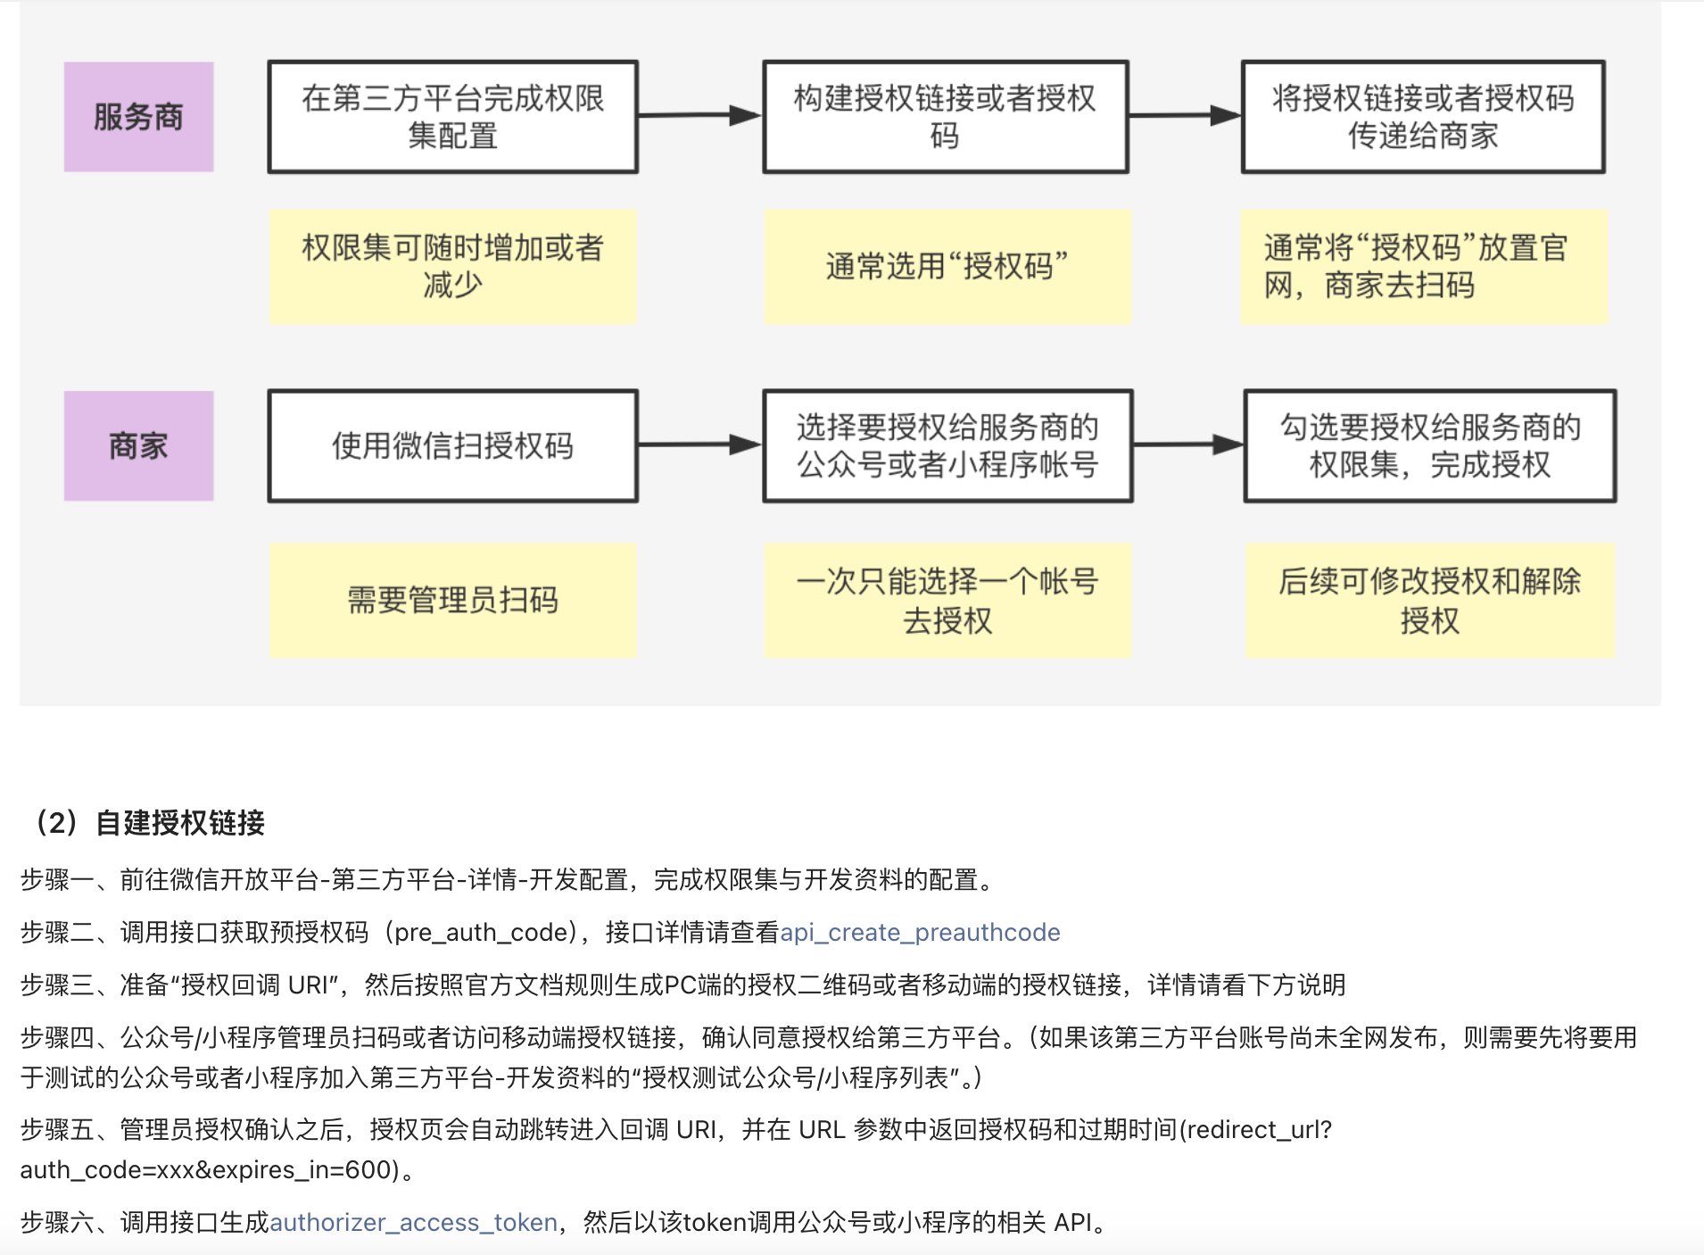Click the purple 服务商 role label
(x=138, y=117)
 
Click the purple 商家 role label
(x=138, y=445)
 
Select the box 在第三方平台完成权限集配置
(x=452, y=117)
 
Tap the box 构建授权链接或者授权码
(x=945, y=117)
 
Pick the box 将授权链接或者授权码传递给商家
(x=1422, y=117)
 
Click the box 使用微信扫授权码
(x=452, y=445)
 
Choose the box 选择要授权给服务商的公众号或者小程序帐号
(x=947, y=445)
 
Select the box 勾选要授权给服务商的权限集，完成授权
(x=1429, y=445)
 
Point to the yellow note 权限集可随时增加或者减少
(x=452, y=266)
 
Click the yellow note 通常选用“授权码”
(x=947, y=266)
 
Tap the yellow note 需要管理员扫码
(x=452, y=600)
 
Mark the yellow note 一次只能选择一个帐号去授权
(x=947, y=600)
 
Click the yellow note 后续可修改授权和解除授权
(x=1429, y=600)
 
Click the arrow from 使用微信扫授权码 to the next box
(x=699, y=445)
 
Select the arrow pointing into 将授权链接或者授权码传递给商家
(x=1185, y=115)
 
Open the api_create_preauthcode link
(x=920, y=933)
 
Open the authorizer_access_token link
(x=413, y=1222)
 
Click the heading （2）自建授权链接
(x=150, y=822)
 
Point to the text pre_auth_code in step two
(x=481, y=933)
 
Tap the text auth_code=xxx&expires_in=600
(x=209, y=1170)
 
